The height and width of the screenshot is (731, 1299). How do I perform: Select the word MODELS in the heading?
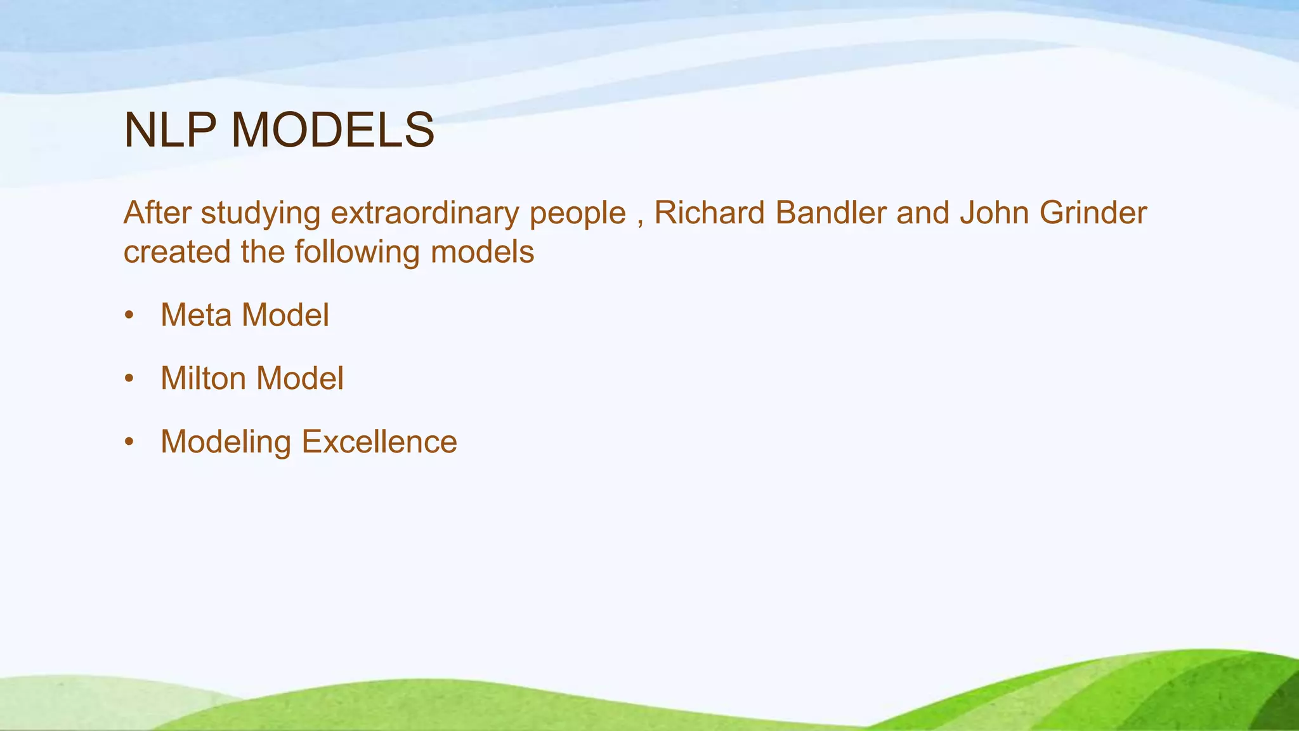[x=332, y=130]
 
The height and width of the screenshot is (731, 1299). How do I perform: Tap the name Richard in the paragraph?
[x=709, y=213]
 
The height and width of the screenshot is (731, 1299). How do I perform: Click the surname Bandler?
[x=831, y=213]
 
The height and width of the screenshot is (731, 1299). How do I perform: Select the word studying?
[x=261, y=214]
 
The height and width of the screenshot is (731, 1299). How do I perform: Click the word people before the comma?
[x=578, y=214]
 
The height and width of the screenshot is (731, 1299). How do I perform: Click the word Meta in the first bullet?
[x=196, y=315]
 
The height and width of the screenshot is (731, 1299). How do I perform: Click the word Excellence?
[x=379, y=442]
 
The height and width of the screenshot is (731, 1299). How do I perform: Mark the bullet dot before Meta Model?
[x=129, y=315]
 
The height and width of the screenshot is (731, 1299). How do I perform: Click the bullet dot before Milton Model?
[x=129, y=378]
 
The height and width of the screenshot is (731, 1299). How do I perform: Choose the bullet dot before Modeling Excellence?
[x=129, y=442]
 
